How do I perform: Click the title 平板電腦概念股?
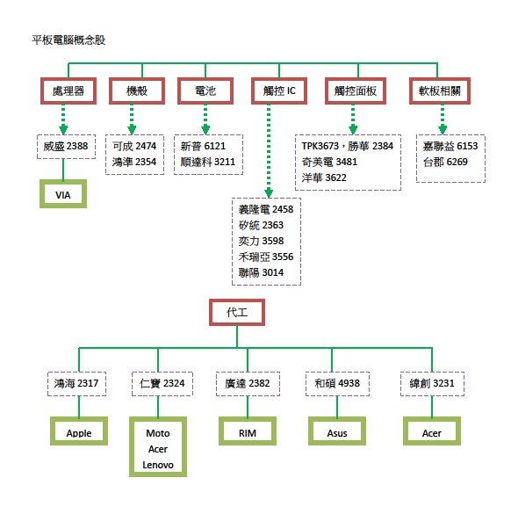coord(68,40)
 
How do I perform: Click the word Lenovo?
coord(158,465)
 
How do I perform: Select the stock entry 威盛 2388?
coord(66,146)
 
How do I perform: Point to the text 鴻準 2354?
coord(134,162)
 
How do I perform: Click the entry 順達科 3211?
coord(208,162)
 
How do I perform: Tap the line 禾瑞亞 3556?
coord(266,257)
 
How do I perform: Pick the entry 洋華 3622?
coord(324,177)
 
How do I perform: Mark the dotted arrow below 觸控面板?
coord(353,119)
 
